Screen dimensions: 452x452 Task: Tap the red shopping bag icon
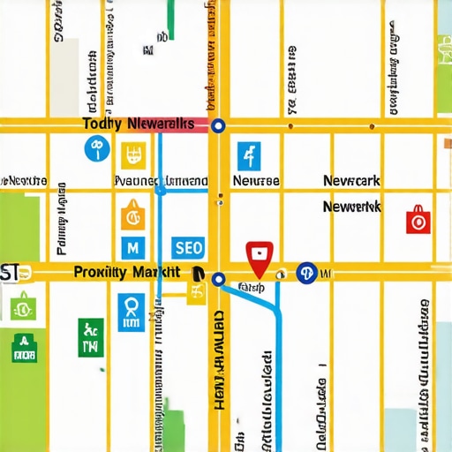coord(418,220)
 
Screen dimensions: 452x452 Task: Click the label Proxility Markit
coord(127,273)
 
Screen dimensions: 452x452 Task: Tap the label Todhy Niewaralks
coord(137,125)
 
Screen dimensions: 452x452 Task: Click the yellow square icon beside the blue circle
coord(133,156)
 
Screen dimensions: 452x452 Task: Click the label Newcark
coord(351,181)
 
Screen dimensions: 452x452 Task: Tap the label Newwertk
coord(351,207)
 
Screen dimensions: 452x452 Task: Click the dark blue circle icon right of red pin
coord(307,273)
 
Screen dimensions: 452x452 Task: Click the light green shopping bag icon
coord(21,307)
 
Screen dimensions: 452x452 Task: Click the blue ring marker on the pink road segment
coord(218,126)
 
